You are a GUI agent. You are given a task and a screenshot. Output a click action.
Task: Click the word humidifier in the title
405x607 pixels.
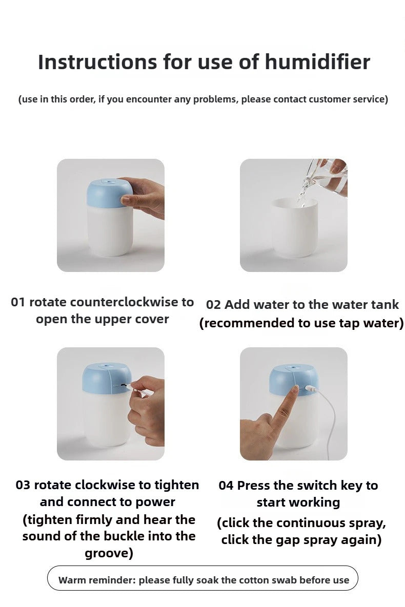click(317, 62)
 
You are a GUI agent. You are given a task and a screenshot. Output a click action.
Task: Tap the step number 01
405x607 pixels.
click(18, 302)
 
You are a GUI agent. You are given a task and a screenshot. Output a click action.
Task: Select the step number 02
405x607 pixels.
click(213, 305)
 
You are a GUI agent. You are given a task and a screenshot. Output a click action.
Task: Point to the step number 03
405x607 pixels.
click(23, 485)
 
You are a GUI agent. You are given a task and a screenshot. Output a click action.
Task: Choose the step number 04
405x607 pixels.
click(226, 486)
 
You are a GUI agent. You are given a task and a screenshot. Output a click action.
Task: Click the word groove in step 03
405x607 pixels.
click(107, 553)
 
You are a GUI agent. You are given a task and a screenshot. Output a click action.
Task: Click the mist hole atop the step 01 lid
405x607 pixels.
click(110, 181)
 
